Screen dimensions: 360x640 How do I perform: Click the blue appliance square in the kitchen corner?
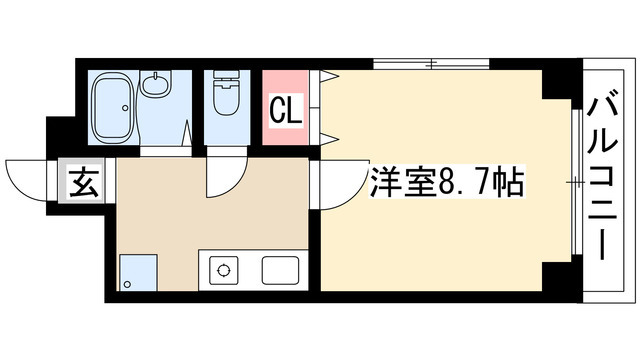click(x=137, y=271)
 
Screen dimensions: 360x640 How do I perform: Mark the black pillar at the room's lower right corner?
click(x=558, y=274)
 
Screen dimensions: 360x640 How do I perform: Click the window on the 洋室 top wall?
click(x=431, y=65)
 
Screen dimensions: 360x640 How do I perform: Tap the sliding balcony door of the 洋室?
click(x=576, y=181)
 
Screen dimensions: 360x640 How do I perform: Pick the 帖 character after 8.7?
click(x=511, y=183)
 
